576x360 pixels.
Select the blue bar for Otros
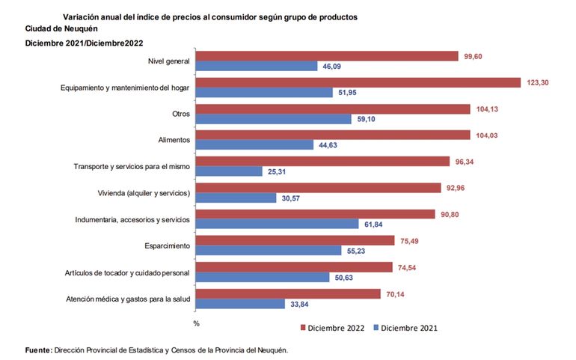click(274, 119)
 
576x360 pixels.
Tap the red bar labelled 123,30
click(358, 82)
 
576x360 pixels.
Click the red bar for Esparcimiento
click(295, 240)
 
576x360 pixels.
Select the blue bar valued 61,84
click(278, 224)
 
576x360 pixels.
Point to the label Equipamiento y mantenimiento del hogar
click(125, 88)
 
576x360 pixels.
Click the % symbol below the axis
click(196, 323)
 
